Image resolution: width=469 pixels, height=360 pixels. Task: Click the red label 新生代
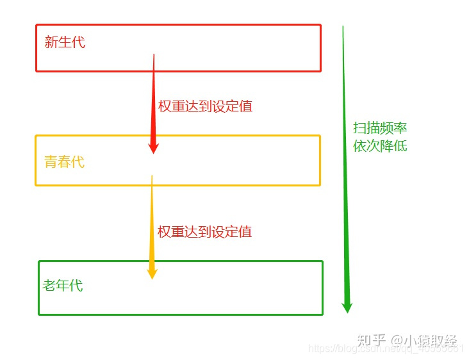65,43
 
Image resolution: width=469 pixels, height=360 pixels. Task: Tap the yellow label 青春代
64,162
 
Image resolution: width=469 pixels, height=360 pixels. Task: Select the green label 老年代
63,286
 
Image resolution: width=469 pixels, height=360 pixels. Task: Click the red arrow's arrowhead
153,147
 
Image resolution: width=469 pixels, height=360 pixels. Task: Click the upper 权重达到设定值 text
205,106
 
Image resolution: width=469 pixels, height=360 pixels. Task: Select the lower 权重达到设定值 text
205,231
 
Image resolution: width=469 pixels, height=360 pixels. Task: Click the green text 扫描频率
380,127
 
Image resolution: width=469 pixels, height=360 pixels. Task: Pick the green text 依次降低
380,146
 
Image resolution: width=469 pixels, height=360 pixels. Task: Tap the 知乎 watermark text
372,340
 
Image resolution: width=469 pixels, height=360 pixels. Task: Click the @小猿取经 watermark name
425,340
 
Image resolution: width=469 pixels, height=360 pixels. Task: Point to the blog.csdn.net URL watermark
384,349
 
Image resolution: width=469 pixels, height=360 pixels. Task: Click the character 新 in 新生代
51,43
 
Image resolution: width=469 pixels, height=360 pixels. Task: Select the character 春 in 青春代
64,162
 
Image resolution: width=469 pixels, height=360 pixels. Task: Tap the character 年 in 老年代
63,286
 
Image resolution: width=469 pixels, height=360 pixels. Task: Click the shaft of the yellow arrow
152,218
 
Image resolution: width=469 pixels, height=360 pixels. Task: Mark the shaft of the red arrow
154,96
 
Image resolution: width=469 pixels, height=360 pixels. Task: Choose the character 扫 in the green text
359,127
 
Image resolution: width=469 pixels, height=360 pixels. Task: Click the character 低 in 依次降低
400,146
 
